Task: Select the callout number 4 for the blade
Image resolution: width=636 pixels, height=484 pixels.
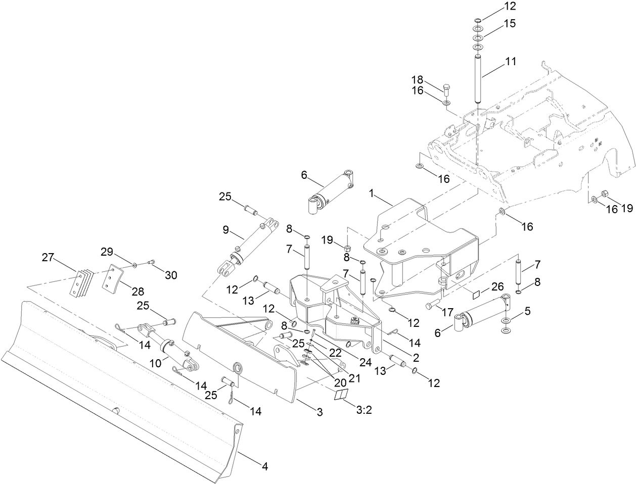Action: [264, 466]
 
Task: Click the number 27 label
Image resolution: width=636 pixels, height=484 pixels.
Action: [48, 258]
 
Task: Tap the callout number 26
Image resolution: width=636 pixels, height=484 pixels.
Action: [497, 287]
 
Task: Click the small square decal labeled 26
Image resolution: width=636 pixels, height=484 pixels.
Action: [476, 295]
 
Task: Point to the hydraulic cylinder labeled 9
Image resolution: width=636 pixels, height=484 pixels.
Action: [249, 246]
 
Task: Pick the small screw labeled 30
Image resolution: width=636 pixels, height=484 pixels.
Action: [151, 262]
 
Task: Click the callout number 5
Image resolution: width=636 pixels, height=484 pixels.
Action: [527, 312]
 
